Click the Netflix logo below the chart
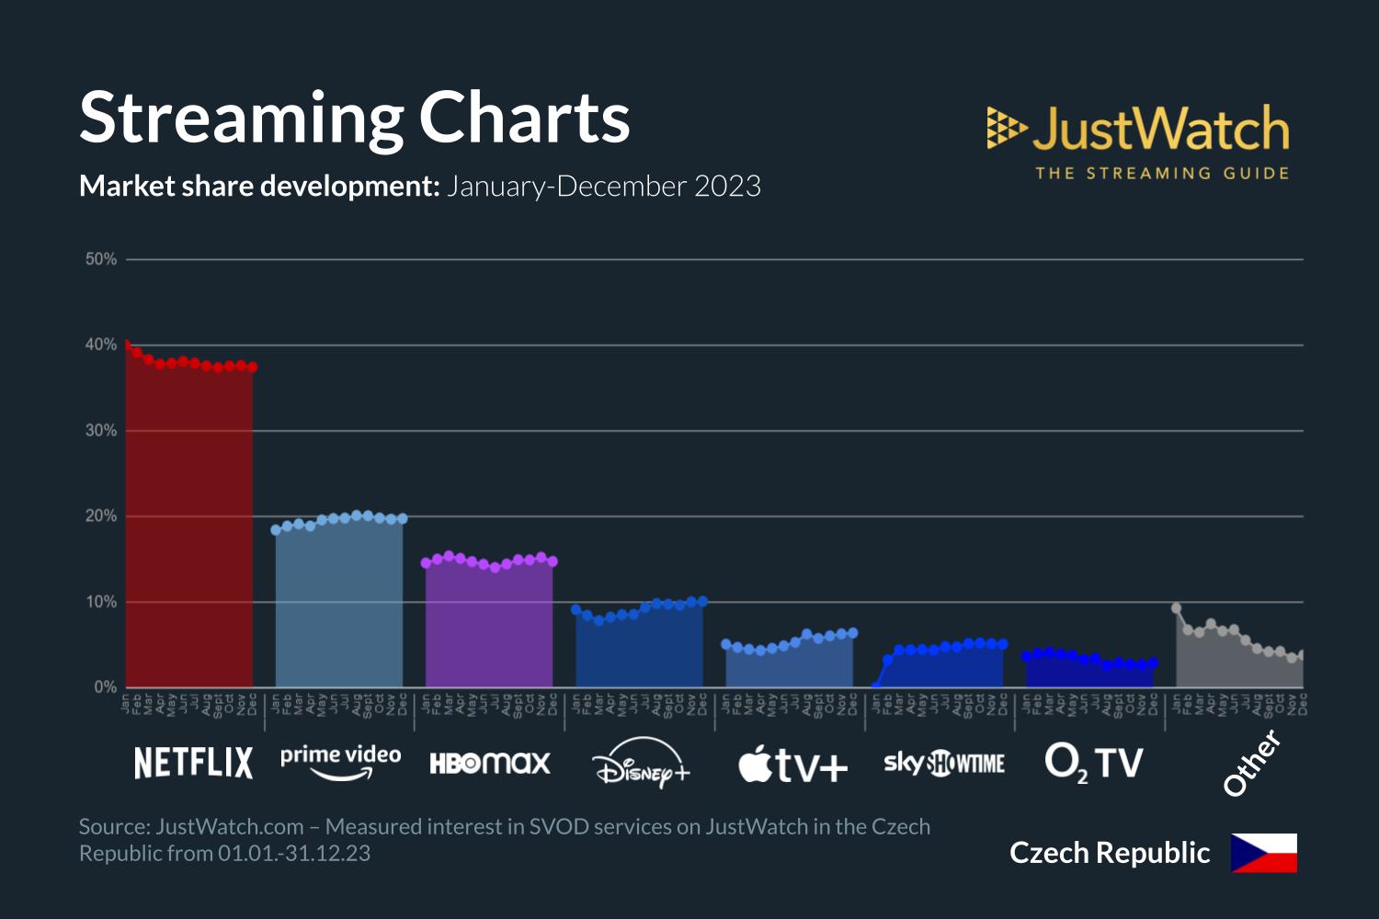pos(193,763)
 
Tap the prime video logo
pos(340,761)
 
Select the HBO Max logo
pos(490,763)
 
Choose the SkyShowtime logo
pos(944,763)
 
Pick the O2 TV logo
pos(1094,763)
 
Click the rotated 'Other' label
pos(1251,763)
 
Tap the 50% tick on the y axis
pos(101,259)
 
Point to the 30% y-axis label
pos(101,431)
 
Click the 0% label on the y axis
pos(105,687)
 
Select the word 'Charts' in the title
pos(524,118)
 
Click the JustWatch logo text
pos(1160,129)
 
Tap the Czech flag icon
pos(1264,853)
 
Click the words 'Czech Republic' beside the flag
pos(1110,853)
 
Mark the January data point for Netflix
pos(127,345)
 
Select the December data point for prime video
pos(402,519)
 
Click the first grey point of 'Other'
pos(1177,608)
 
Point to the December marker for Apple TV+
pos(853,632)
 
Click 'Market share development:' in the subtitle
pos(259,187)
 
